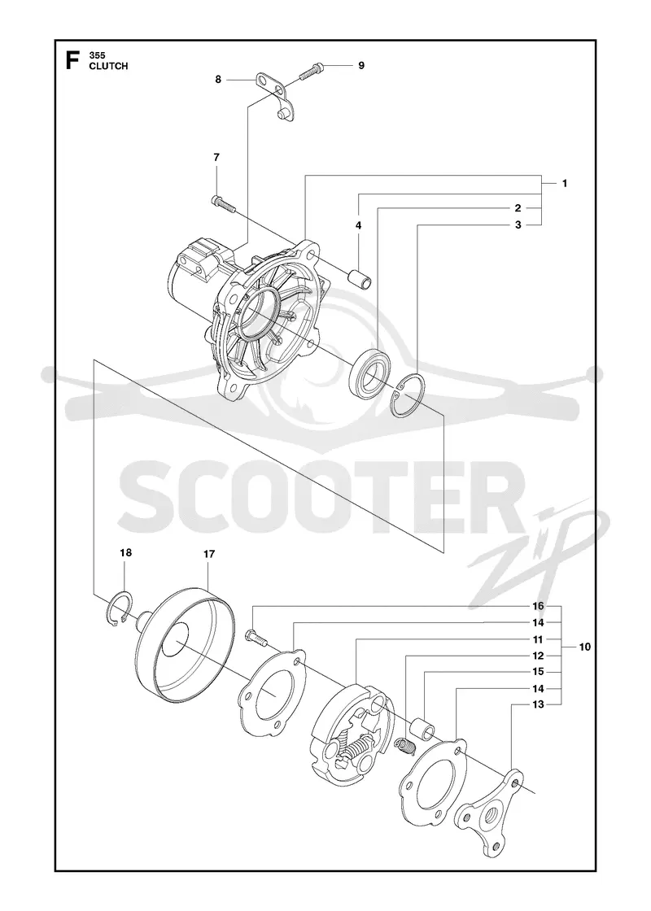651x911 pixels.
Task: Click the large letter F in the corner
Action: (72, 61)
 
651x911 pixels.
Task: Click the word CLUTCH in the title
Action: (108, 66)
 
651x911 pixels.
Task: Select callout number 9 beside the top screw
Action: (361, 65)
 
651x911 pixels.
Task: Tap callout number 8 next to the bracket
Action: (218, 80)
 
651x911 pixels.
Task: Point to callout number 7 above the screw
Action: (216, 157)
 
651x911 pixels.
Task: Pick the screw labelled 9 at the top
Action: (312, 71)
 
